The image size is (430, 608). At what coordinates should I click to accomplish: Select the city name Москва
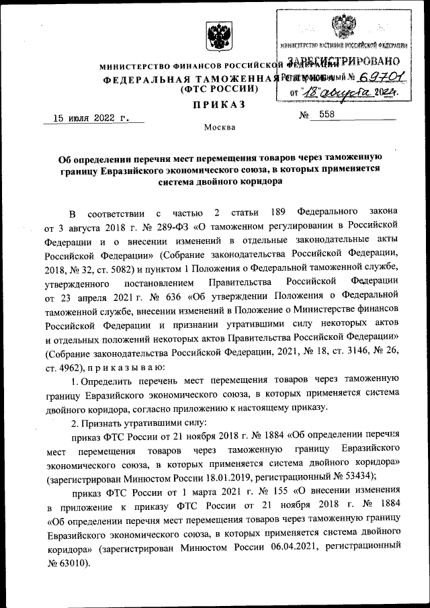[220, 127]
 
